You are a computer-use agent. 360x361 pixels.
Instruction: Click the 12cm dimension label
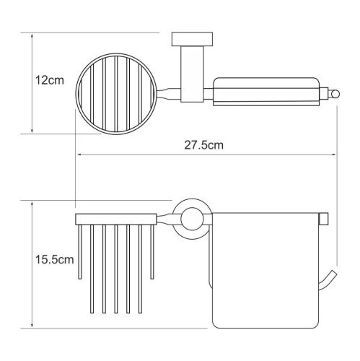point(50,80)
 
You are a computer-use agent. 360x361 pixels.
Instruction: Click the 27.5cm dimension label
point(203,145)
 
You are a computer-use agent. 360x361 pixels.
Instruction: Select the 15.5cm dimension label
point(55,260)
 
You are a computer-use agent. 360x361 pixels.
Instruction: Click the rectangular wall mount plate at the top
point(192,39)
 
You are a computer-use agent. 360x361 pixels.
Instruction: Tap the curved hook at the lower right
point(327,280)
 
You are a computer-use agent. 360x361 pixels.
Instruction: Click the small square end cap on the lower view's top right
point(323,219)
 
